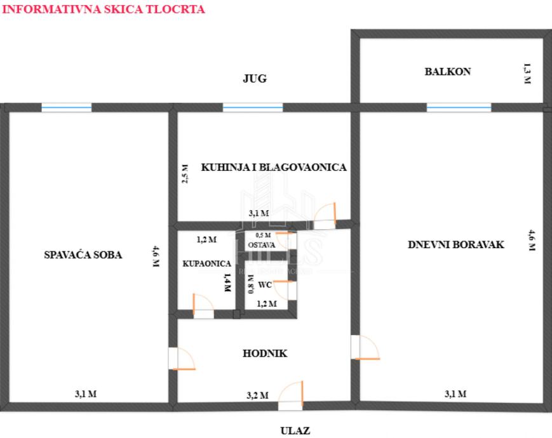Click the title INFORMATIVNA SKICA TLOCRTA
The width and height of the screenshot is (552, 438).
pyautogui.click(x=104, y=10)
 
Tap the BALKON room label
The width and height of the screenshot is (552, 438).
pyautogui.click(x=448, y=72)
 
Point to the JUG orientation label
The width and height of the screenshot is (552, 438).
pyautogui.click(x=254, y=79)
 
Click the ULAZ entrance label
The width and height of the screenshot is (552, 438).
pyautogui.click(x=295, y=431)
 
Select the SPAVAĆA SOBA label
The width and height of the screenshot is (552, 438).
pyautogui.click(x=83, y=255)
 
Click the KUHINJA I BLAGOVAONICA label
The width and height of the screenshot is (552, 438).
pyautogui.click(x=274, y=168)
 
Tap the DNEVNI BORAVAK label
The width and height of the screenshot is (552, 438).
pyautogui.click(x=456, y=244)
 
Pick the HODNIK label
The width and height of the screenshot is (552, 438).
pyautogui.click(x=265, y=354)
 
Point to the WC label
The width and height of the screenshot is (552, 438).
pyautogui.click(x=265, y=285)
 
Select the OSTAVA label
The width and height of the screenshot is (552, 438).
pyautogui.click(x=261, y=245)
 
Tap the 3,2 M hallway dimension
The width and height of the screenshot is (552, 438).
pyautogui.click(x=257, y=395)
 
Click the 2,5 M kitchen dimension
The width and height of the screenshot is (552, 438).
pyautogui.click(x=185, y=173)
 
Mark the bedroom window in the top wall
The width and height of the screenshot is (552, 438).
pyautogui.click(x=66, y=108)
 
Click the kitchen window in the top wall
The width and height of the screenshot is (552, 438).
pyautogui.click(x=253, y=108)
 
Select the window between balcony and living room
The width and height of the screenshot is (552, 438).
pyautogui.click(x=458, y=108)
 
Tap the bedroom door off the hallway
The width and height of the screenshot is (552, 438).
pyautogui.click(x=180, y=359)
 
